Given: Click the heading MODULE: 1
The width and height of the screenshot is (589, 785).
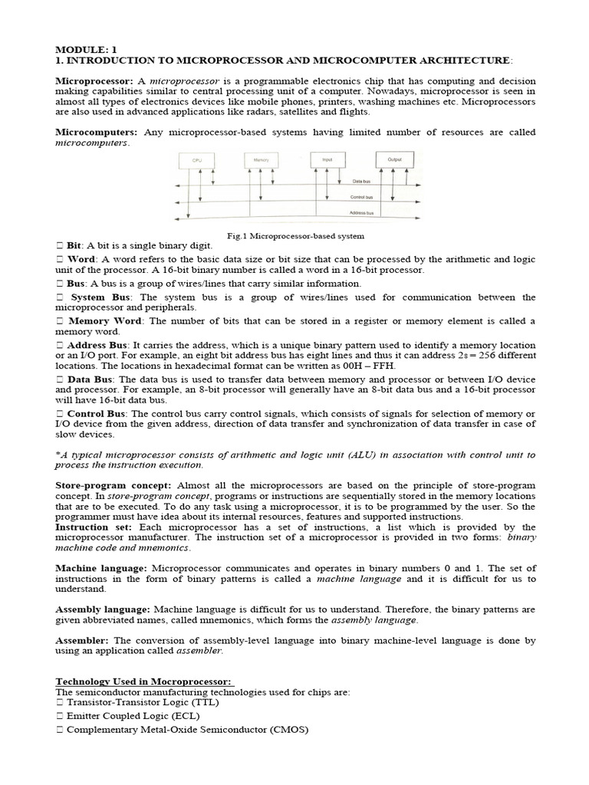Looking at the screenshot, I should (82, 48).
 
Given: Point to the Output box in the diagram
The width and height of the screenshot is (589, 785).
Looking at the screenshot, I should (395, 159).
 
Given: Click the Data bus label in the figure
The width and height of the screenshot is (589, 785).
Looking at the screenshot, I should (362, 182).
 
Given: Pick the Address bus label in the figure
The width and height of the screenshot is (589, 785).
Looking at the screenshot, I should (361, 213).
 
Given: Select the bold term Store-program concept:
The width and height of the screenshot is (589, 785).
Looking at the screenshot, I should (115, 486).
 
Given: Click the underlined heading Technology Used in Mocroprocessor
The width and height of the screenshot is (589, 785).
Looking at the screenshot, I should (144, 682).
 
